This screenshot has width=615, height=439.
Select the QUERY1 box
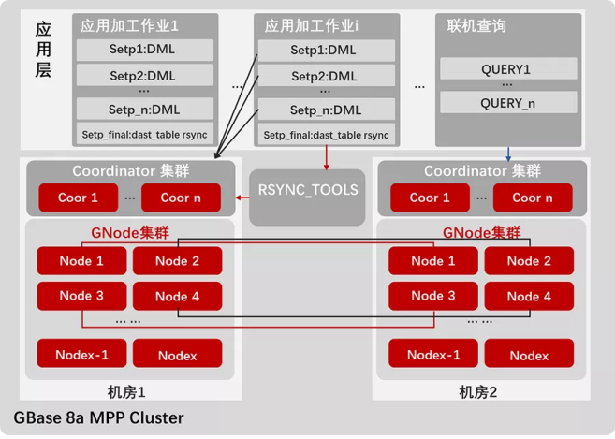coord(505,69)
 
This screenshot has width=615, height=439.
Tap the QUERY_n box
coord(505,103)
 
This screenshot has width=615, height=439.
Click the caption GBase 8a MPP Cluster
coord(98,417)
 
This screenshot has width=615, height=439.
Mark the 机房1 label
coord(128,390)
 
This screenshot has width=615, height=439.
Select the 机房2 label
coord(479,390)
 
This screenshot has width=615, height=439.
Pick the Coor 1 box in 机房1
coord(78,198)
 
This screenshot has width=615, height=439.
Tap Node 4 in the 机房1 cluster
coord(177,296)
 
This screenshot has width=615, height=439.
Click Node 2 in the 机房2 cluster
coord(529,261)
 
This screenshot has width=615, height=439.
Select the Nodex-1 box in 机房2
coord(433,355)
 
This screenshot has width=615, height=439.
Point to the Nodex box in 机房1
coord(177,355)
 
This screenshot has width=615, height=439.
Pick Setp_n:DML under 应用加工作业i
coord(324,110)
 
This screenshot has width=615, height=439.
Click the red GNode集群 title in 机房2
coord(481,232)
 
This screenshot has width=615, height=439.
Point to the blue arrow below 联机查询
coord(506,153)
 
